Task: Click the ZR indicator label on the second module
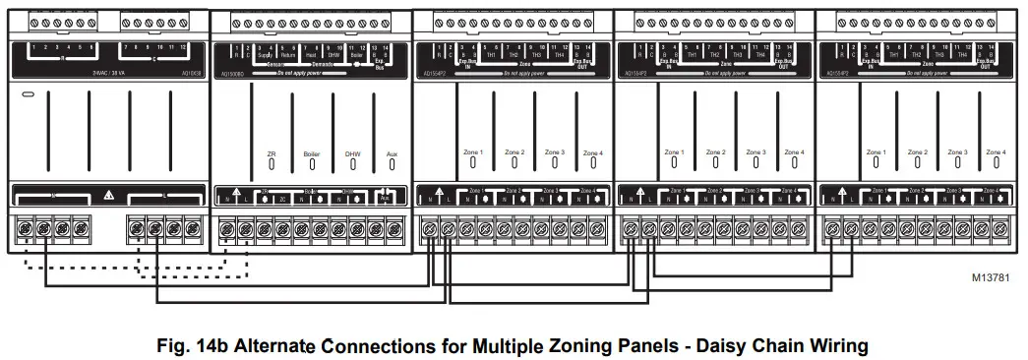coord(272,154)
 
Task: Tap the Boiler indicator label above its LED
coord(312,154)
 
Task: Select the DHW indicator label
coord(352,154)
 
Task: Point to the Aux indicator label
coord(392,154)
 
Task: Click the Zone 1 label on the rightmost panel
coord(877,152)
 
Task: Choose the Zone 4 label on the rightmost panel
coord(996,152)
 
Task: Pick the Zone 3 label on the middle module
coord(555,152)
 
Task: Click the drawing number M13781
coord(990,278)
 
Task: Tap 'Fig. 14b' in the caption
coord(191,346)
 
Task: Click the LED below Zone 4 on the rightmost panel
coord(996,164)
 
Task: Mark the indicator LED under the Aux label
coord(392,166)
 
